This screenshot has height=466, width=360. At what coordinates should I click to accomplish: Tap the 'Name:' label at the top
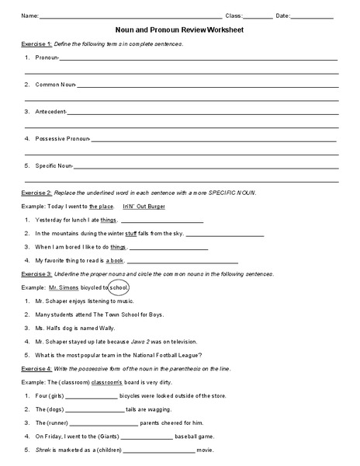29,16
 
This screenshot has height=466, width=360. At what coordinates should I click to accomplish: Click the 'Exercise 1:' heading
36,44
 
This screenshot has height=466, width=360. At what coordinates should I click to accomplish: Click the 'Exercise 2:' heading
36,192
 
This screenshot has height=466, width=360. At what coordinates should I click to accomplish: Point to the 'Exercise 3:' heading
36,273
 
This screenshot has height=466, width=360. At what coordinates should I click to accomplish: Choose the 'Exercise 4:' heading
36,368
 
